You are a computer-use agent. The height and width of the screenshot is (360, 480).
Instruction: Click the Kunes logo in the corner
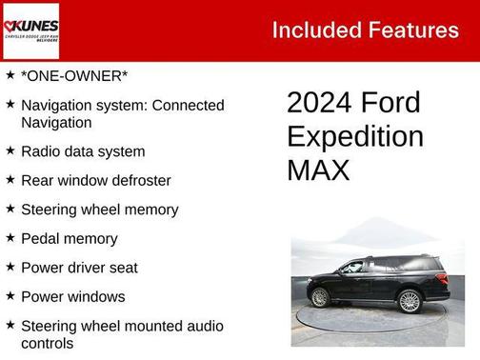pos(31,30)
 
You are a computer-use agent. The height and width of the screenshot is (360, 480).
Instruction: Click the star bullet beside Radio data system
pos(10,150)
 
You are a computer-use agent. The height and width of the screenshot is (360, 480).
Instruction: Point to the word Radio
pos(42,151)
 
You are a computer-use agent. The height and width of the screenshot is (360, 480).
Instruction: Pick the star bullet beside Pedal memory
pos(10,237)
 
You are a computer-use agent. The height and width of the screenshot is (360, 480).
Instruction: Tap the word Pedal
pos(42,238)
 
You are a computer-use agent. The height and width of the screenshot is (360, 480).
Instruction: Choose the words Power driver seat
pos(79,268)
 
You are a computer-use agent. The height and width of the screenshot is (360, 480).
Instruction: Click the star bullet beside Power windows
pos(10,295)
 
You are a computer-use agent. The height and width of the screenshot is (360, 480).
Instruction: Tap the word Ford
pos(392,103)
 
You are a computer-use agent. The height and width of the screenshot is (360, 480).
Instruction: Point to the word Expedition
pos(355,136)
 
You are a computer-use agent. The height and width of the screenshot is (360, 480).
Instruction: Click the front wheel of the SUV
pos(410,301)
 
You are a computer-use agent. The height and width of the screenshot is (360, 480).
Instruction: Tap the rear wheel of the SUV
pos(320,297)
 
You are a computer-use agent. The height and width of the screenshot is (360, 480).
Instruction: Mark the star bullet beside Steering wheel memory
pos(10,209)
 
